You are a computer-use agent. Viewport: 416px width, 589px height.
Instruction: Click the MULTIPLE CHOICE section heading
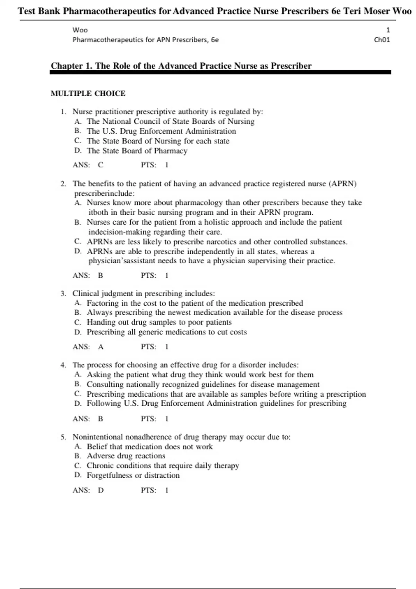(x=88, y=94)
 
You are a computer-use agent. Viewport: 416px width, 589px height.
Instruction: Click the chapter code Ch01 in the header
(x=382, y=40)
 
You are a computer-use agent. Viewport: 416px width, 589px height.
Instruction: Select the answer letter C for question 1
(x=101, y=165)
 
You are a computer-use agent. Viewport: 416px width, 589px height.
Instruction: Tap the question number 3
(x=63, y=294)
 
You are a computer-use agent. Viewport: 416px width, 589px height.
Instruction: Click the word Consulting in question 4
(x=105, y=385)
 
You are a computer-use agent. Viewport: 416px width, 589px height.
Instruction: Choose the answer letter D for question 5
(x=101, y=490)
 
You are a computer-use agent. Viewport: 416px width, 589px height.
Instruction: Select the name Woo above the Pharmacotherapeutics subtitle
(x=80, y=30)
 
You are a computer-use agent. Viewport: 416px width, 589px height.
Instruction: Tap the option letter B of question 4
(x=78, y=384)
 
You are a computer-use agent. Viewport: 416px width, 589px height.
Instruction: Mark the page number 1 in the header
(x=388, y=30)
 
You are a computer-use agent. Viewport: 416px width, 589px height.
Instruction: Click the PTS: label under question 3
(x=148, y=347)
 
